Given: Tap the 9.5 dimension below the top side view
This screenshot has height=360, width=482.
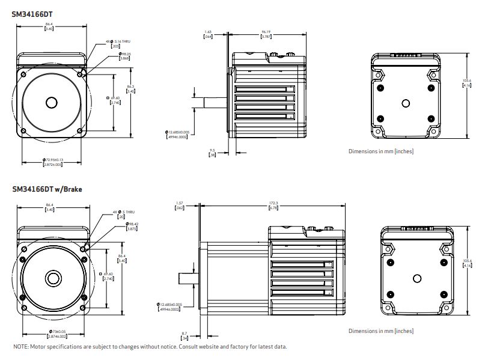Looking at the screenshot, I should (212, 152).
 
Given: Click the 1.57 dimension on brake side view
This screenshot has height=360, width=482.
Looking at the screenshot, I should (178, 206).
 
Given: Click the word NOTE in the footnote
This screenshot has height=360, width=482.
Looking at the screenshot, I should (20, 347).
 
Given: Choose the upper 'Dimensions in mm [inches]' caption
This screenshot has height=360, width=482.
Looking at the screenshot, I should (380, 151).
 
